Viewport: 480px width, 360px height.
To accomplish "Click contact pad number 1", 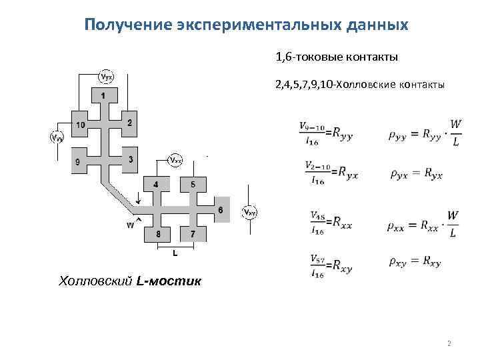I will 103,97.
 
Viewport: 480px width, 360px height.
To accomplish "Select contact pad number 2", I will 129,123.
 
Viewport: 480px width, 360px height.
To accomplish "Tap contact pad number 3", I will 130,159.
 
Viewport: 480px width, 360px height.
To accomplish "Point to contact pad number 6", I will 221,210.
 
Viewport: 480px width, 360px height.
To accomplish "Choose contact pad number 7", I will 193,234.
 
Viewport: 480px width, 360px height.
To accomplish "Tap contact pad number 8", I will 158,234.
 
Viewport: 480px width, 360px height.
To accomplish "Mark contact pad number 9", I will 78,161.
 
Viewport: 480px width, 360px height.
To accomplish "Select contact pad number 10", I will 79,125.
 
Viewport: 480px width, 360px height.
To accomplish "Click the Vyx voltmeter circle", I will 107,76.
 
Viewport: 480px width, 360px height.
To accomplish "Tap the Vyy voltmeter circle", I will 58,138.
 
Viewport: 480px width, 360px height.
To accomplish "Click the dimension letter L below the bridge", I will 175,253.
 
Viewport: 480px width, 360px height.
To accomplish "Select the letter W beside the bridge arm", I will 130,225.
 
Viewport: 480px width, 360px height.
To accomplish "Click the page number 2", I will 449,344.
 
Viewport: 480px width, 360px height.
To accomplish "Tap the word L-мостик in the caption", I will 168,281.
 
